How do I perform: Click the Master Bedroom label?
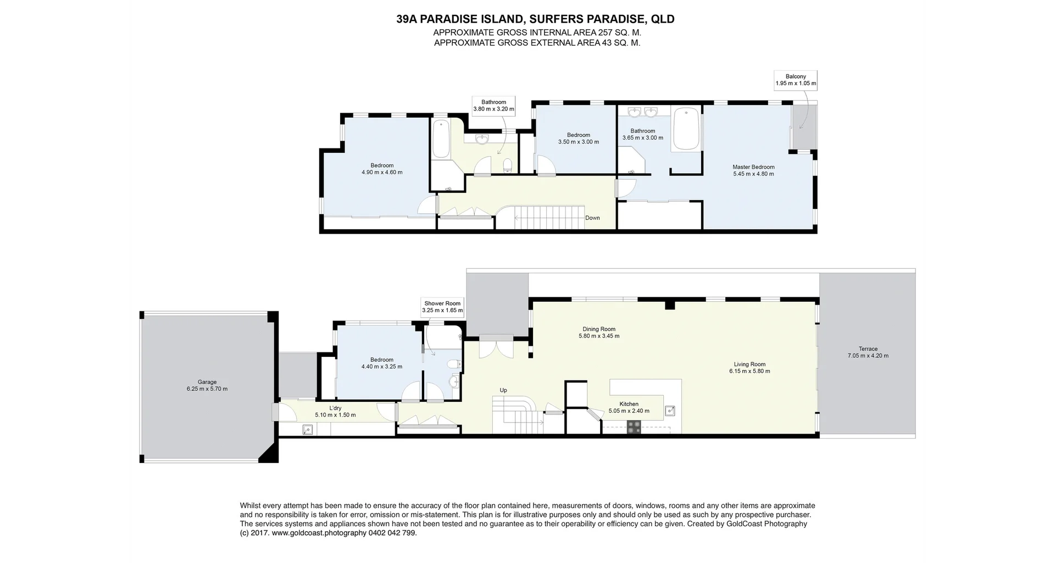click(x=753, y=167)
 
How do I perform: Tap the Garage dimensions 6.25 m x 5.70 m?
click(x=207, y=389)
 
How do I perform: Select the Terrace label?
click(x=868, y=349)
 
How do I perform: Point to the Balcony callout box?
click(x=796, y=80)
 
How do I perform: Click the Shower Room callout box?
click(x=442, y=307)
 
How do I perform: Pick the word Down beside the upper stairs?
click(x=592, y=218)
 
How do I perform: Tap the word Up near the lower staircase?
click(x=503, y=390)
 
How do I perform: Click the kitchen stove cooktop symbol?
click(x=634, y=427)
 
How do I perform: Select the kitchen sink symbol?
click(x=670, y=410)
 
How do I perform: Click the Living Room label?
click(x=749, y=364)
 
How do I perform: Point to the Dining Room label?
click(x=599, y=329)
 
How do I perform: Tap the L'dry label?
click(x=335, y=408)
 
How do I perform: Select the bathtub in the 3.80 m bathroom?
click(x=441, y=139)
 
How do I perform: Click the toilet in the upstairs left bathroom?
click(x=508, y=164)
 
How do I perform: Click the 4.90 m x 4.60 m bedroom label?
click(x=382, y=169)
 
